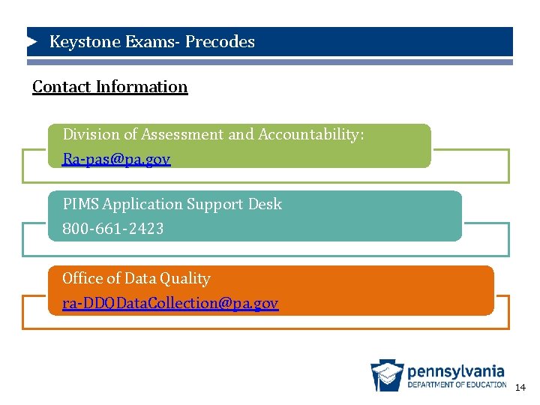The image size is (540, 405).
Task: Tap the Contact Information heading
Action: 110,87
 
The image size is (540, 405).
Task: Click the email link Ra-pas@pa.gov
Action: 116,159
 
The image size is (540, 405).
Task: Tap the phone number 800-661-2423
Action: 113,229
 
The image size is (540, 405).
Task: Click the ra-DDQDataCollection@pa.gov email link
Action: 170,304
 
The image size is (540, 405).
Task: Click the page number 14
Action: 520,388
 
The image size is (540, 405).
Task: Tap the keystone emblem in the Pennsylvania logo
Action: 387,375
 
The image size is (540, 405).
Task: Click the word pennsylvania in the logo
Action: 456,371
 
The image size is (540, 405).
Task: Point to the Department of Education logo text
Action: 457,385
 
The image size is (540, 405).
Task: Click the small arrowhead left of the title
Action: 32,41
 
